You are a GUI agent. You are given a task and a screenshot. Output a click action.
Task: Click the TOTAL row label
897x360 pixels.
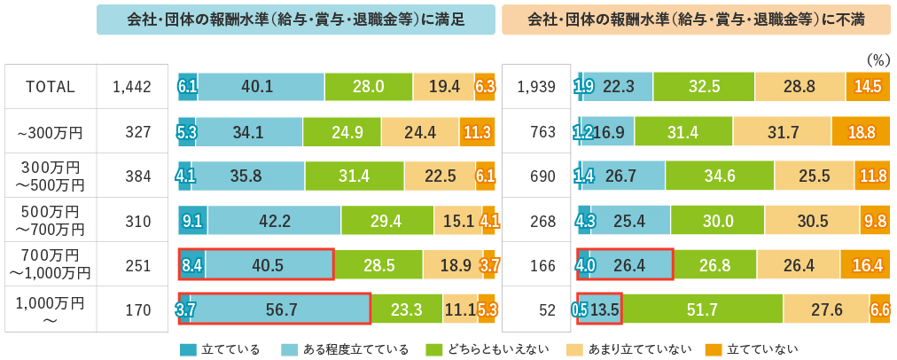tap(51, 87)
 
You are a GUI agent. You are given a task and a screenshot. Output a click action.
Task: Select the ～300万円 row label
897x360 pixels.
tap(51, 132)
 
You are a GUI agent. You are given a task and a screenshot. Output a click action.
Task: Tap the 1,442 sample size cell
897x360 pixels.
tap(132, 87)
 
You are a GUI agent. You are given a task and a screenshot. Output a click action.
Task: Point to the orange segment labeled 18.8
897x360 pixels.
tap(861, 132)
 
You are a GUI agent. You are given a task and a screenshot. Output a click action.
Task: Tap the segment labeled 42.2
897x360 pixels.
tap(274, 220)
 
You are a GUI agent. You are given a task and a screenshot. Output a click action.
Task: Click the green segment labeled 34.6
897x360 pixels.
tap(714, 176)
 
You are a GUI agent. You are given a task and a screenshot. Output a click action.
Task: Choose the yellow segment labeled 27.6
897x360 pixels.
tap(826, 309)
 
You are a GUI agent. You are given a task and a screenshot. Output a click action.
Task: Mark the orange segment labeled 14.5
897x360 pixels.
tap(868, 87)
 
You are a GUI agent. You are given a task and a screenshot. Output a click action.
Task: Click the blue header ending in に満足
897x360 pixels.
tap(295, 20)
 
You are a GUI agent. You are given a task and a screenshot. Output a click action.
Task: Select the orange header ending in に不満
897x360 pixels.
tap(697, 20)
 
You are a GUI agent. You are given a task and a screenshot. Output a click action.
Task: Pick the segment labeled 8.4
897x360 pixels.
tap(192, 264)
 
